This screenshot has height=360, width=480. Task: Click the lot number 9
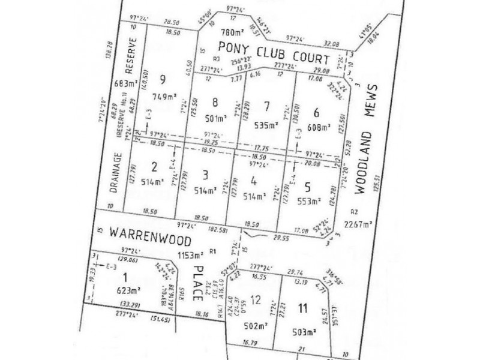tap(161, 79)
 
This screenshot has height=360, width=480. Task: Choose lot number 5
tap(308, 185)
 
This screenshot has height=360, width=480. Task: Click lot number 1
tap(125, 277)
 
